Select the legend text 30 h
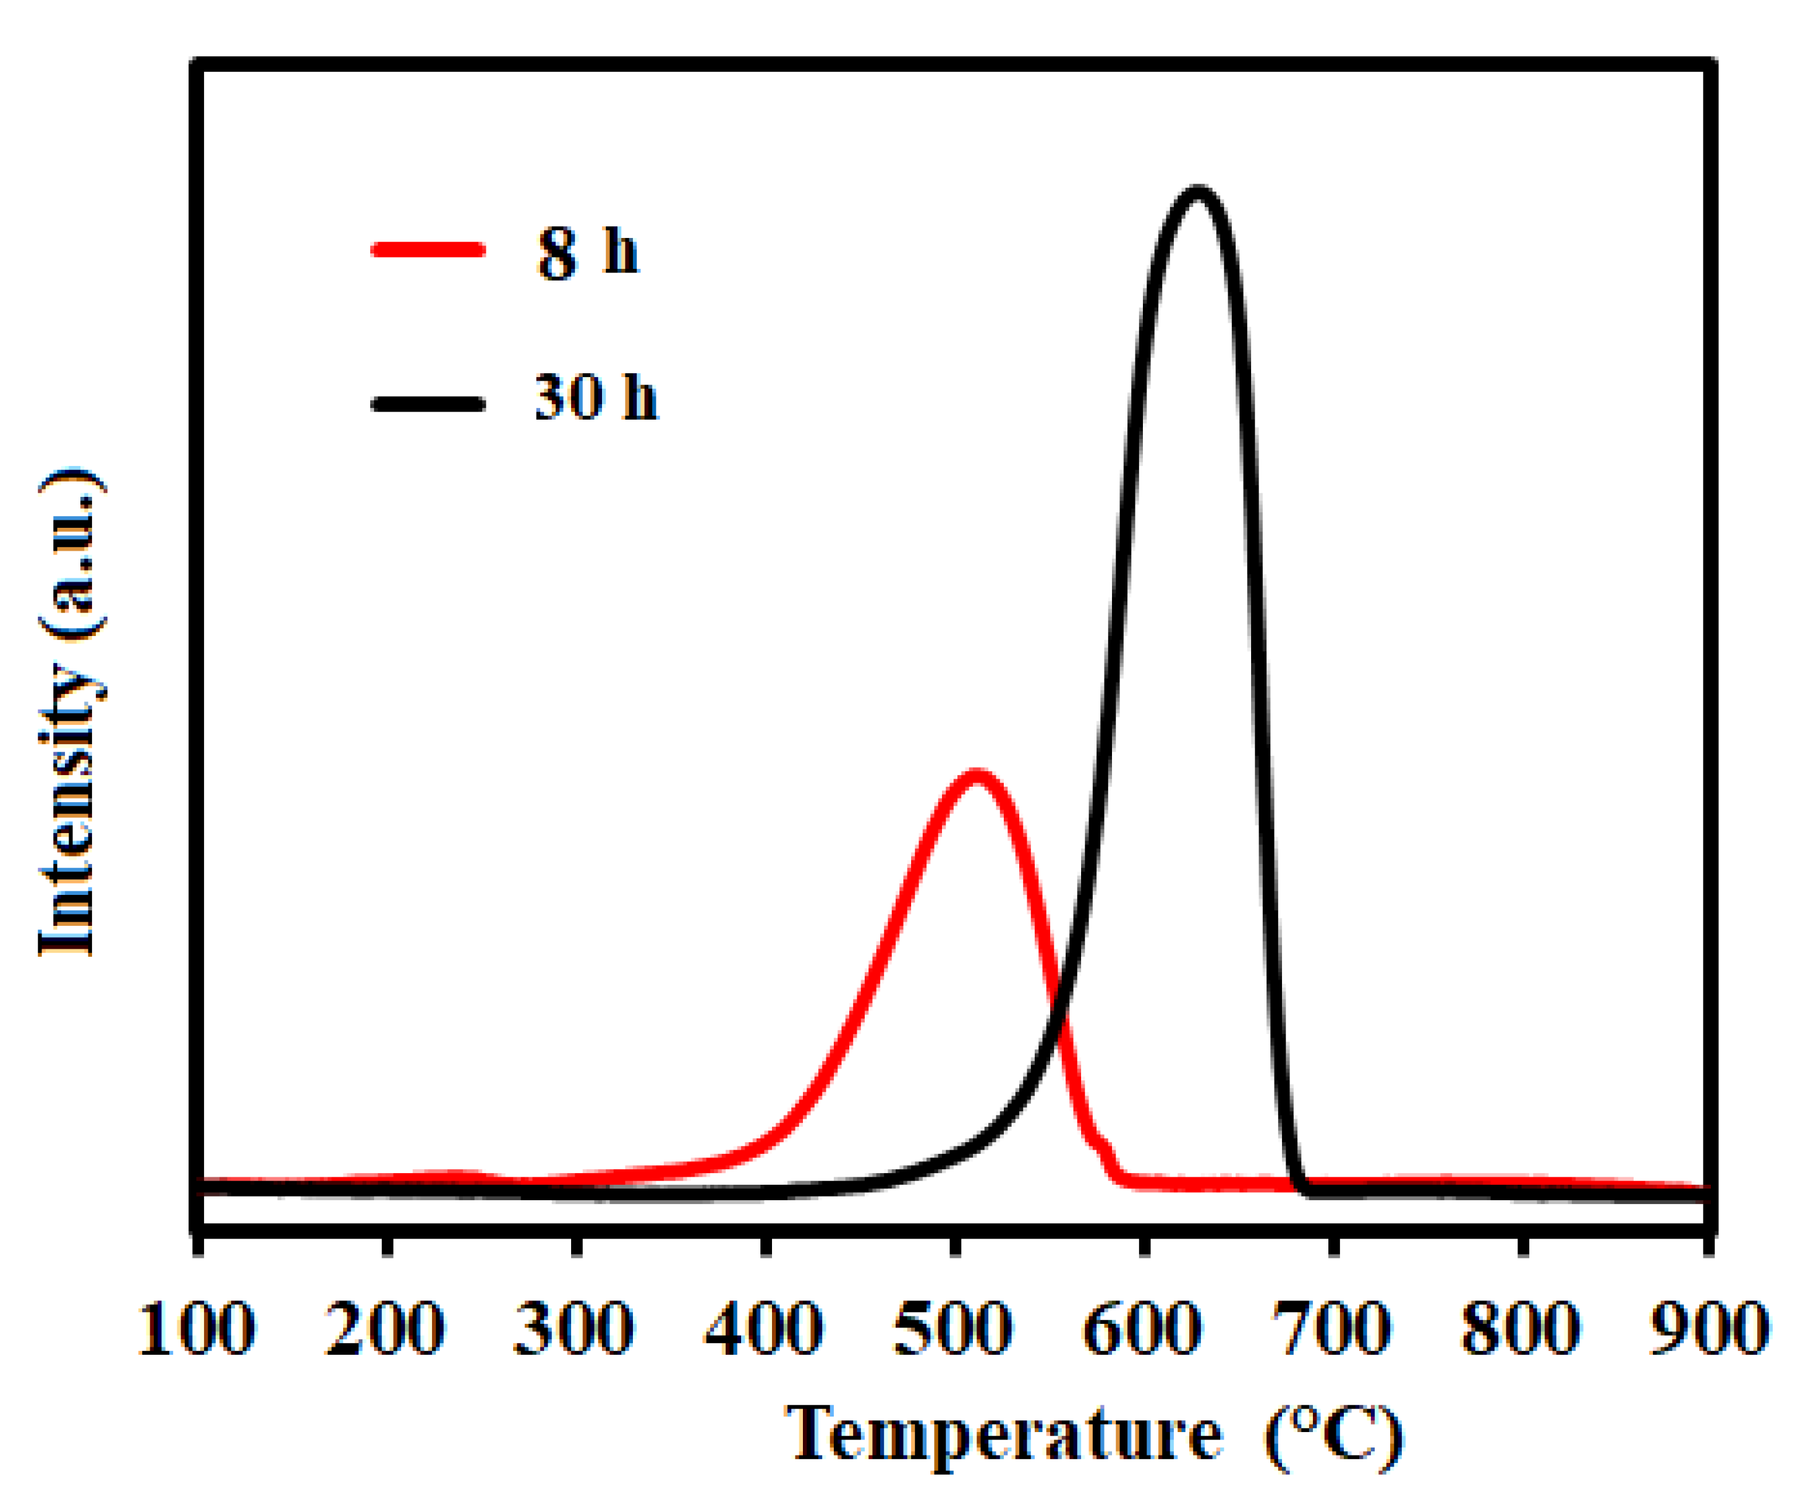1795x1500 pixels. (x=596, y=397)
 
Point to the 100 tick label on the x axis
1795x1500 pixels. (x=196, y=1329)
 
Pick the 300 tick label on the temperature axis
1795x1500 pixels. (x=574, y=1329)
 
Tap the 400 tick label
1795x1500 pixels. (x=763, y=1329)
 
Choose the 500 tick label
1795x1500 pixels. (x=953, y=1329)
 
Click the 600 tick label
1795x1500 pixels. (x=1142, y=1329)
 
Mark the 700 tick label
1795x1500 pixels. (x=1331, y=1329)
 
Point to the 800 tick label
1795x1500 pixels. (x=1521, y=1329)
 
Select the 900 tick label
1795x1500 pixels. (x=1708, y=1329)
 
